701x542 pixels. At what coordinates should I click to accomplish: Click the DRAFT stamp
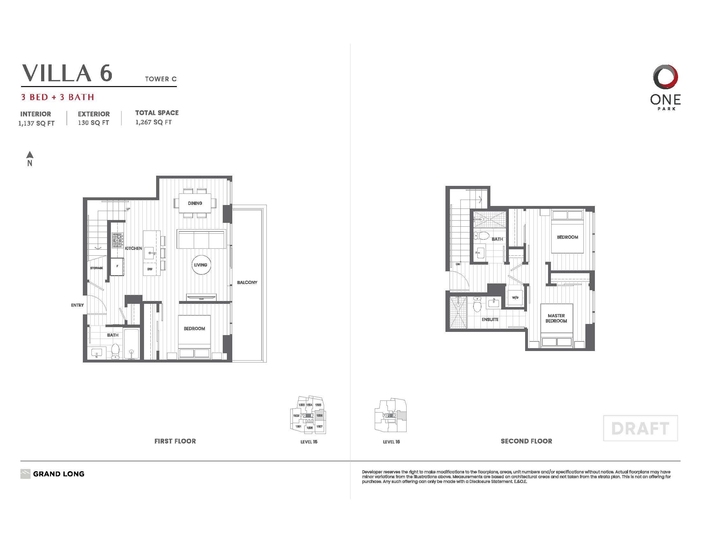tap(640, 428)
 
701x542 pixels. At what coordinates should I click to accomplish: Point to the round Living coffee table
tap(201, 265)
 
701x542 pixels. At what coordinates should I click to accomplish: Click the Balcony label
tap(247, 282)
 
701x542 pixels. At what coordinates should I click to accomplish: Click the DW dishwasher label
tap(150, 269)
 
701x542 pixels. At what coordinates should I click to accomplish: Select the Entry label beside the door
tap(77, 305)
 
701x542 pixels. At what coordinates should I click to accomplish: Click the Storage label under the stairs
tap(96, 268)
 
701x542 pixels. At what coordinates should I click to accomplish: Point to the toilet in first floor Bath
tap(115, 351)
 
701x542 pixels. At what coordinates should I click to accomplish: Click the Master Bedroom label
tap(556, 318)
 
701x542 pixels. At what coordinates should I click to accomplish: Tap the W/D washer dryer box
tap(515, 298)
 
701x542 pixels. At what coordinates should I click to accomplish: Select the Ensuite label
tap(490, 319)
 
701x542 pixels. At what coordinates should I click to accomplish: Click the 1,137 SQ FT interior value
tap(37, 123)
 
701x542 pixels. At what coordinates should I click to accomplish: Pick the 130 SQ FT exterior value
tap(93, 123)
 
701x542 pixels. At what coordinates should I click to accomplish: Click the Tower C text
tap(161, 79)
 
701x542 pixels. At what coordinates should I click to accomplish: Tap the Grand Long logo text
tap(59, 474)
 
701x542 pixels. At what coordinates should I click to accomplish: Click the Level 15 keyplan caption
tap(309, 442)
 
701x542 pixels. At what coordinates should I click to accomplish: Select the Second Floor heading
tap(526, 441)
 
